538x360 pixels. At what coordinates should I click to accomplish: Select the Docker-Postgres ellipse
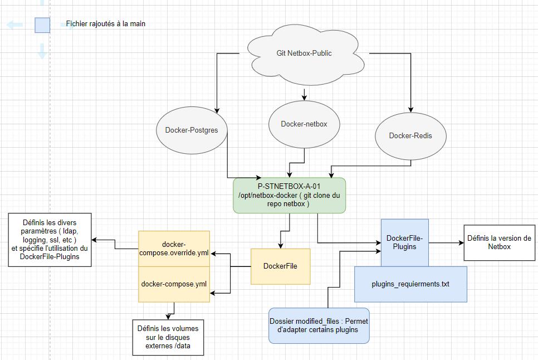pyautogui.click(x=192, y=130)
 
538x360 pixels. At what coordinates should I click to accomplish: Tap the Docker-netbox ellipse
pyautogui.click(x=304, y=124)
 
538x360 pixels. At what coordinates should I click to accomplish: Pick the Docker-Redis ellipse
pyautogui.click(x=410, y=136)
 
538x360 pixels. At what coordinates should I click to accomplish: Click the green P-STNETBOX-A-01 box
pyautogui.click(x=289, y=195)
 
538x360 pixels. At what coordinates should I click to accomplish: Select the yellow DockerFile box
pyautogui.click(x=280, y=266)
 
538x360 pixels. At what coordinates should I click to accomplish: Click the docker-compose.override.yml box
pyautogui.click(x=174, y=249)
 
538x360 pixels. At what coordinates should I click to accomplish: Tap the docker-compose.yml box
pyautogui.click(x=174, y=284)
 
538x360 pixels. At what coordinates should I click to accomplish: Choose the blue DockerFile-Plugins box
pyautogui.click(x=405, y=242)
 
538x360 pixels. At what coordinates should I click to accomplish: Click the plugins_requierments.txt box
pyautogui.click(x=410, y=284)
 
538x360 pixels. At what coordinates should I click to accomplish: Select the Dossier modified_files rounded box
pyautogui.click(x=319, y=325)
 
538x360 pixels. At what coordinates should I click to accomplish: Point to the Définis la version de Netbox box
pyautogui.click(x=499, y=242)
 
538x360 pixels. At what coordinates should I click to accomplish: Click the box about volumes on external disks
pyautogui.click(x=168, y=337)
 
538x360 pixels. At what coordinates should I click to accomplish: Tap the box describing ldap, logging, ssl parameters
pyautogui.click(x=50, y=240)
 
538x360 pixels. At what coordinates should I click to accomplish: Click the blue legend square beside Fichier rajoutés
pyautogui.click(x=42, y=26)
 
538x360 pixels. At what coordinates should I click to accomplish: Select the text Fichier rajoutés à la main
pyautogui.click(x=106, y=23)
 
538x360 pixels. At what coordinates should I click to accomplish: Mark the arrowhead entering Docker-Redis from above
pyautogui.click(x=410, y=110)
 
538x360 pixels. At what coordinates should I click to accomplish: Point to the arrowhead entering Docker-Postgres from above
pyautogui.click(x=217, y=110)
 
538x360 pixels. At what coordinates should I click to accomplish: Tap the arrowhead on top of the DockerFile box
pyautogui.click(x=281, y=246)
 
